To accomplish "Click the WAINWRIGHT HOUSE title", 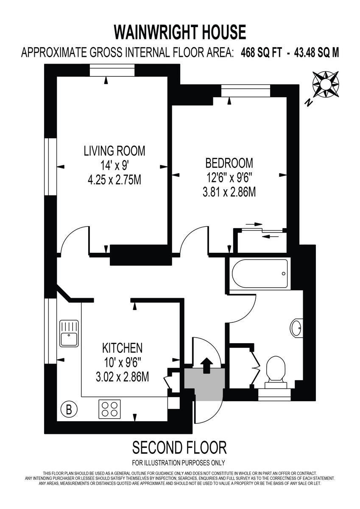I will [180, 32].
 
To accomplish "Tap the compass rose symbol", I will [325, 84].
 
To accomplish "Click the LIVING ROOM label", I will [114, 151].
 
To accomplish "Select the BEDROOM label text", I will [229, 163].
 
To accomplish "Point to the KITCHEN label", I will [122, 348].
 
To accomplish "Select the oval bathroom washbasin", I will [297, 328].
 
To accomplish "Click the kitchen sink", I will [69, 333].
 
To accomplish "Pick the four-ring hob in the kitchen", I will [110, 409].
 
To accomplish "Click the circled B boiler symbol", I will [67, 410].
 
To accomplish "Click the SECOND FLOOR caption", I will [179, 447].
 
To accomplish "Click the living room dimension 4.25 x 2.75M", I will [114, 180].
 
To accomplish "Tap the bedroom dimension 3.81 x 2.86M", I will [229, 192].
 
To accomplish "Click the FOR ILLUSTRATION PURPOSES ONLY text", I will [179, 463].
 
